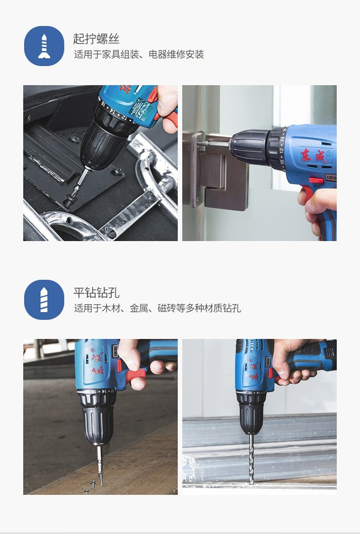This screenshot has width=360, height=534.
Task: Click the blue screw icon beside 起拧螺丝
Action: point(44,46)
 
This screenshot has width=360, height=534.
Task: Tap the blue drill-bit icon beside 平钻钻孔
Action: point(44,300)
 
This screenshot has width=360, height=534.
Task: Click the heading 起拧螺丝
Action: point(96,38)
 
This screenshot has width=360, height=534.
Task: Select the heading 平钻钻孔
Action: point(96,293)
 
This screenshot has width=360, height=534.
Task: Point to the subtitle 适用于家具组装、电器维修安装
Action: point(139,55)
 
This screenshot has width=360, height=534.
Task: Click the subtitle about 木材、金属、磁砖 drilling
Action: point(157,308)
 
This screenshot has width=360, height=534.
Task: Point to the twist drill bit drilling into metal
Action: point(252,458)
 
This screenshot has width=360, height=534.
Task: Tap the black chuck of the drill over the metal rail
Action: point(251,414)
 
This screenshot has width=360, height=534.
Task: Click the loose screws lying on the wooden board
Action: point(90,487)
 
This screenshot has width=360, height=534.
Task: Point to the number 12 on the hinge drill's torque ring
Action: point(281,151)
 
